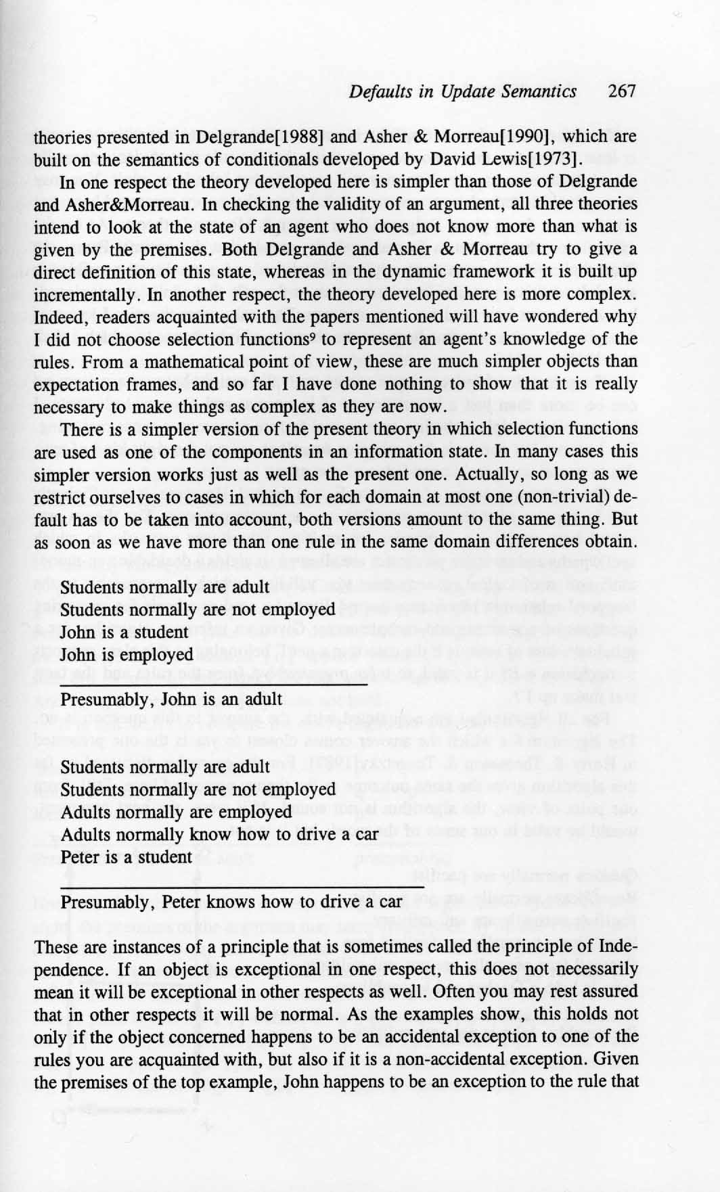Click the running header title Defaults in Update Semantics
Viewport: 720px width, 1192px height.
click(x=463, y=91)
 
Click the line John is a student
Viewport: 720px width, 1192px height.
click(x=124, y=632)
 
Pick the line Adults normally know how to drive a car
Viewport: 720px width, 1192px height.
click(x=219, y=834)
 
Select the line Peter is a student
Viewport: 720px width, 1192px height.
click(x=127, y=856)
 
